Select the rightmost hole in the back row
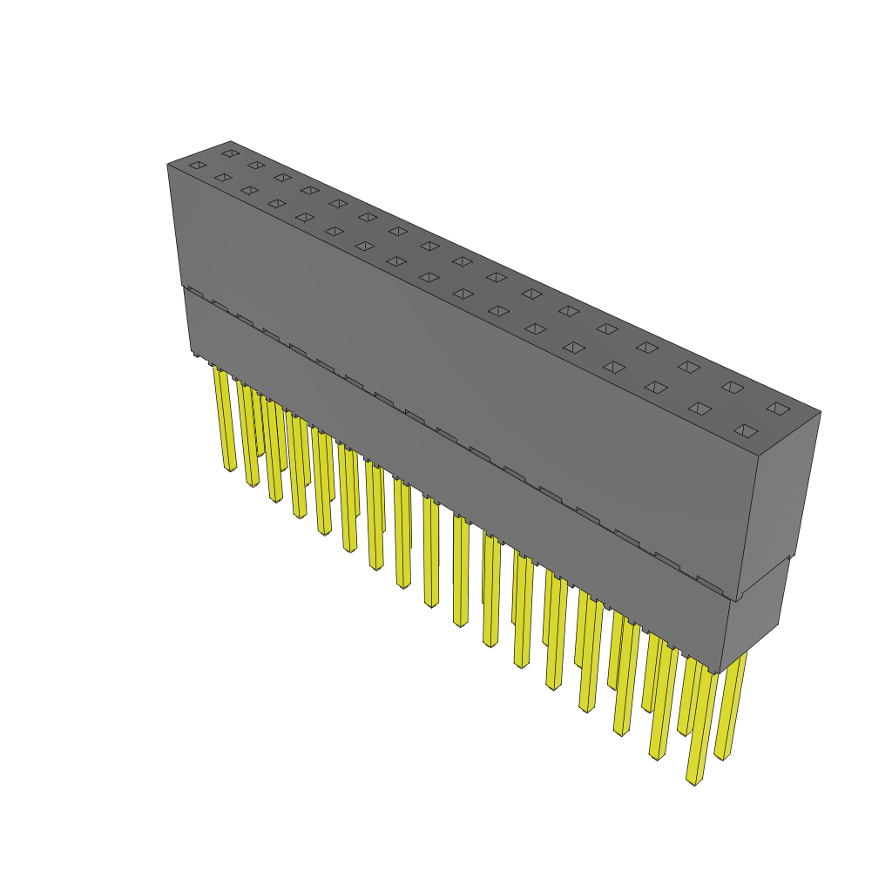point(778,408)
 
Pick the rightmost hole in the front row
point(745,430)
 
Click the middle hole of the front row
point(429,277)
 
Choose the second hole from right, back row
point(733,387)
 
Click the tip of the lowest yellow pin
point(694,780)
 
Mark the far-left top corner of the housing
point(167,164)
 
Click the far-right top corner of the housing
point(821,412)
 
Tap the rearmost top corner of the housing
point(230,141)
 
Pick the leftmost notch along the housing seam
point(194,293)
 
